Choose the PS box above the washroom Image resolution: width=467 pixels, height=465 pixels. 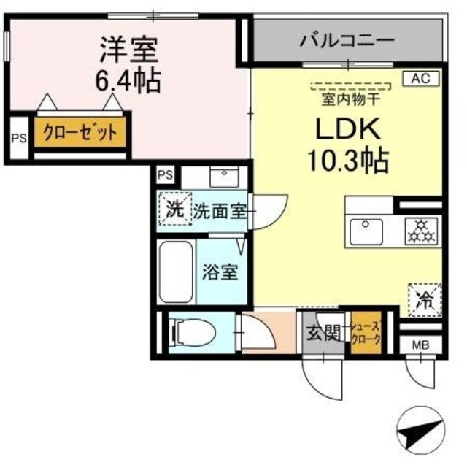[x=166, y=175]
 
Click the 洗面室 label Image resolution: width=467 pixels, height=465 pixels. [x=218, y=212]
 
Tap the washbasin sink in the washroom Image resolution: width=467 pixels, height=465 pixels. [x=219, y=177]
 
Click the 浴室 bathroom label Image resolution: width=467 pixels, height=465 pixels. [x=220, y=273]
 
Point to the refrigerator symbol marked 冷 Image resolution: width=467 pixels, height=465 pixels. [x=424, y=297]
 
